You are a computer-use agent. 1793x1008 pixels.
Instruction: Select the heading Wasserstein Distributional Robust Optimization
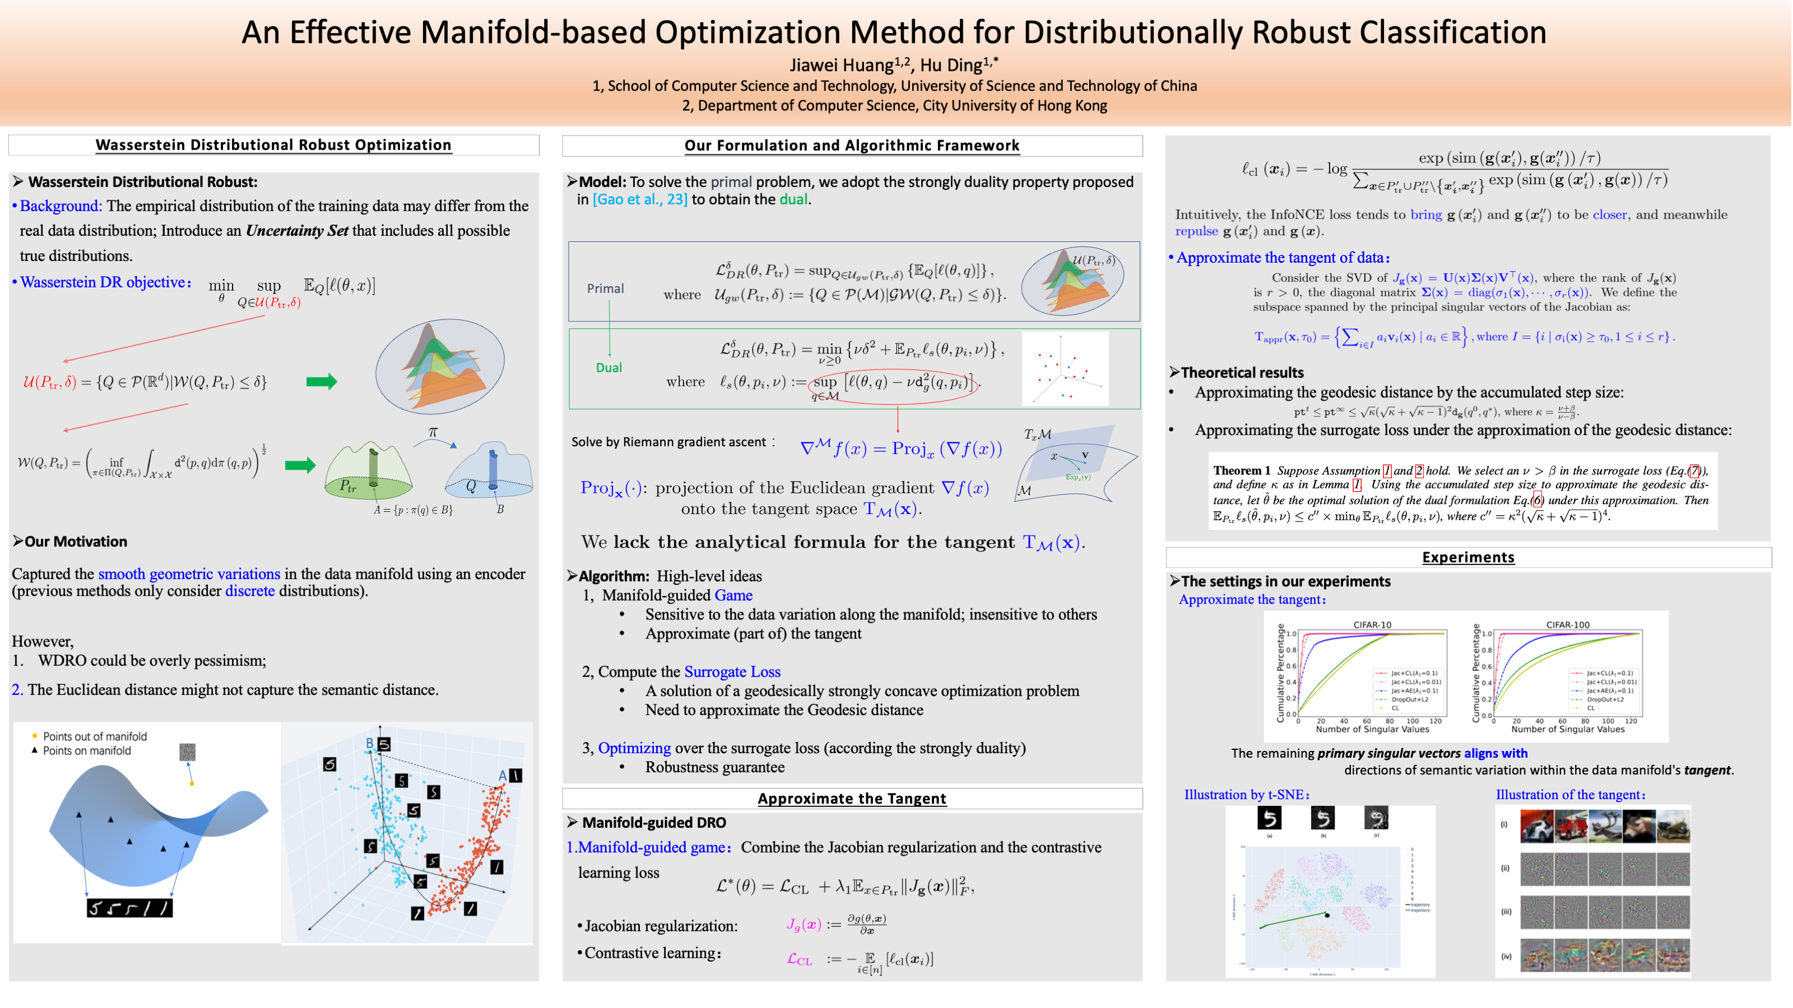[x=273, y=144]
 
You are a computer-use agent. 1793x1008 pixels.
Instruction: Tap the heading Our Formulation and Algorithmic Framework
[x=851, y=146]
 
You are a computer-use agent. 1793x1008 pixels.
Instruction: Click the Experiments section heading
[x=1467, y=557]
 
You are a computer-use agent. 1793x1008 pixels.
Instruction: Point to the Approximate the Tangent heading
[x=851, y=799]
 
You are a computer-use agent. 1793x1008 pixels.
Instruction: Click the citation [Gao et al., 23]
[x=640, y=200]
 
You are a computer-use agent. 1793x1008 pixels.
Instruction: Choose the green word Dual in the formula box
[x=608, y=368]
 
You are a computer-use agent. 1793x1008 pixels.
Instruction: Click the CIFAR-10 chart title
[x=1371, y=625]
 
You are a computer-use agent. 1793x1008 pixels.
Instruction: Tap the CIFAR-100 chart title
[x=1568, y=625]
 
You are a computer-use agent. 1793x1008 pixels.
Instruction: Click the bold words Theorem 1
[x=1241, y=471]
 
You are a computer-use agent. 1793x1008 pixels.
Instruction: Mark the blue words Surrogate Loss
[x=732, y=672]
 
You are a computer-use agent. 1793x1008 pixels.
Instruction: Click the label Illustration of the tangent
[x=1570, y=795]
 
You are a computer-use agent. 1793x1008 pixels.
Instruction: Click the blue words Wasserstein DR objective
[x=103, y=282]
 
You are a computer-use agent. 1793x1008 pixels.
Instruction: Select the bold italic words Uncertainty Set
[x=296, y=231]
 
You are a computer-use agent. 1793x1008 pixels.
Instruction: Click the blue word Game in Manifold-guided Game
[x=733, y=595]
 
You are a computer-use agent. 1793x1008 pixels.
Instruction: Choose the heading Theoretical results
[x=1241, y=373]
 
